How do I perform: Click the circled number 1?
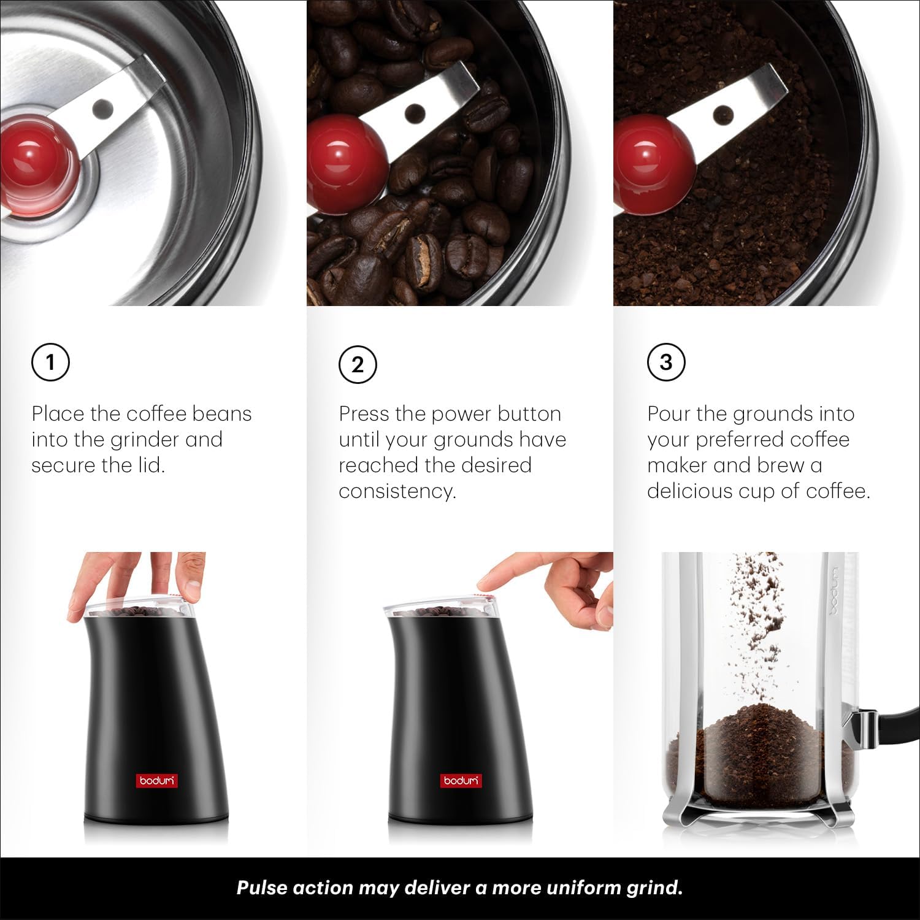pos(50,362)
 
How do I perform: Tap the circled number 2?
pos(358,364)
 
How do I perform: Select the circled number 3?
pos(666,362)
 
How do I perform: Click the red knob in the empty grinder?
pos(38,164)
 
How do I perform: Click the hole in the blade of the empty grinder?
pos(104,110)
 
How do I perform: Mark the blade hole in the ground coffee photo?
pos(724,113)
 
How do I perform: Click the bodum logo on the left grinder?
pos(157,781)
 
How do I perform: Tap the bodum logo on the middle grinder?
pos(461,781)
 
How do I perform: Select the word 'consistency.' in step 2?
pos(397,491)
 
